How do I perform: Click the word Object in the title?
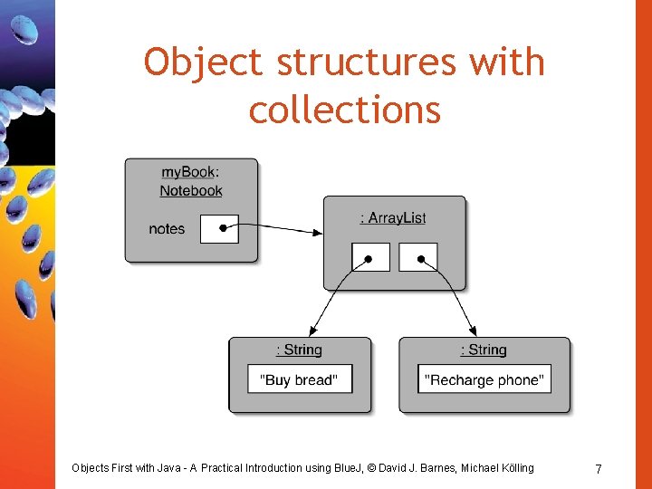click(x=205, y=63)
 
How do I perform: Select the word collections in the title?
click(x=345, y=110)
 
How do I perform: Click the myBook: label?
click(x=190, y=172)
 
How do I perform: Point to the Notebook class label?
click(x=191, y=191)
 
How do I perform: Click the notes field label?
click(x=167, y=229)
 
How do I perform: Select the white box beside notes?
click(x=219, y=229)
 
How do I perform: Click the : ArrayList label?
click(x=393, y=218)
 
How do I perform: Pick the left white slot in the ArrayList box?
click(x=370, y=257)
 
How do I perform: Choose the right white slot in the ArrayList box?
click(x=418, y=257)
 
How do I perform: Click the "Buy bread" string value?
click(x=300, y=379)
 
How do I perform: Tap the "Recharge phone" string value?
click(x=484, y=379)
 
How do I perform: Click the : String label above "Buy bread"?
click(x=299, y=350)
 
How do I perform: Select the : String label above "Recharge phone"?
click(x=484, y=350)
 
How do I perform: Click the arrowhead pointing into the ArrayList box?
click(x=318, y=233)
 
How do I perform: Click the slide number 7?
click(x=599, y=468)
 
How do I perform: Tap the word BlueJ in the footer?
click(x=344, y=468)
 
